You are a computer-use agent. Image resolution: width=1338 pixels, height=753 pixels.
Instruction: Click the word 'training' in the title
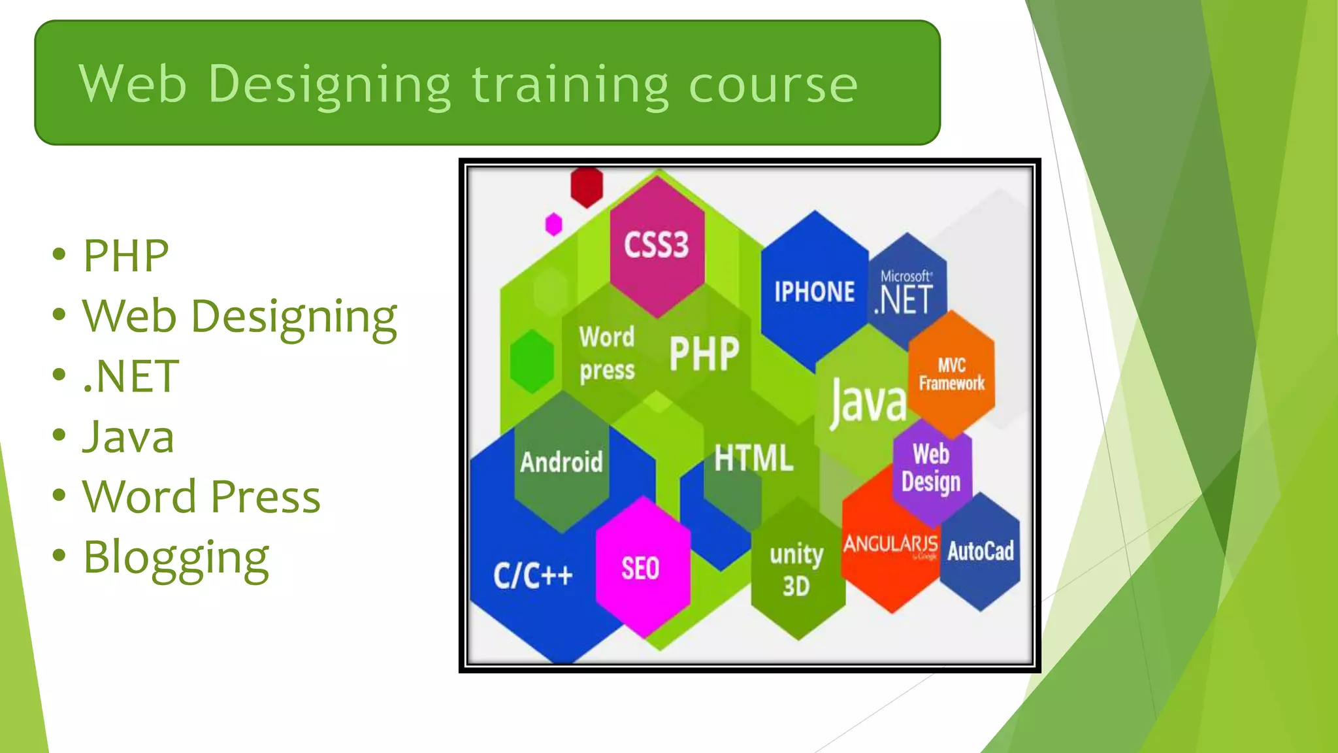coord(570,85)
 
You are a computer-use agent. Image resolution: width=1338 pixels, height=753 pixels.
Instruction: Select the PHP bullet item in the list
coord(125,256)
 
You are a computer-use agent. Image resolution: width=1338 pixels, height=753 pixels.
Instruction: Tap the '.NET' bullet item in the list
coord(131,376)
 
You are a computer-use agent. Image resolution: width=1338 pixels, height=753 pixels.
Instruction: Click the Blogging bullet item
coord(176,558)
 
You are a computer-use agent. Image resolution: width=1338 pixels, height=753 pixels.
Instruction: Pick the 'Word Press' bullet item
coord(201,497)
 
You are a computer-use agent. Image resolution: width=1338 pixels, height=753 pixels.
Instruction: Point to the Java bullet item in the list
coord(128,437)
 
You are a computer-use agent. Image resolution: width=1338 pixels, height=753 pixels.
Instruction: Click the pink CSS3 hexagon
coord(657,245)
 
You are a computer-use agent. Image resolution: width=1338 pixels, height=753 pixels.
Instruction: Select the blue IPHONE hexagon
coord(814,292)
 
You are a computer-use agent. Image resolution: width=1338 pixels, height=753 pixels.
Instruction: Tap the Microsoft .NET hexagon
coord(907,292)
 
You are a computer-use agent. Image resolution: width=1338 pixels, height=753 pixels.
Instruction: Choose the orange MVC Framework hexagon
coord(951,375)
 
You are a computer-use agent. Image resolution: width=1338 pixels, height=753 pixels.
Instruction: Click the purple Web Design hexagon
coord(932,468)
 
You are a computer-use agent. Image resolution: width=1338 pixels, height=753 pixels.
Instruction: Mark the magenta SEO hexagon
coord(641,568)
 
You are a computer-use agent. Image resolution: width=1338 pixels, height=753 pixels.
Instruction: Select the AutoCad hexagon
coord(981,552)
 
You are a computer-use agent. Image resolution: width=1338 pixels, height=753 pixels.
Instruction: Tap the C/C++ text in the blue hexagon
coord(533,575)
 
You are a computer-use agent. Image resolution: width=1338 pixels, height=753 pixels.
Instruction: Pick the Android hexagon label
coord(561,462)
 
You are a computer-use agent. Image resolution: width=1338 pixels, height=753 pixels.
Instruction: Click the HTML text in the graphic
coord(753,458)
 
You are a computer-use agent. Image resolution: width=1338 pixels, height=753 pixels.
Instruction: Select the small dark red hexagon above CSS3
coord(586,187)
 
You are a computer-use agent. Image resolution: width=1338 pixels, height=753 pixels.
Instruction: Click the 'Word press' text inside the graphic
coord(607,354)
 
